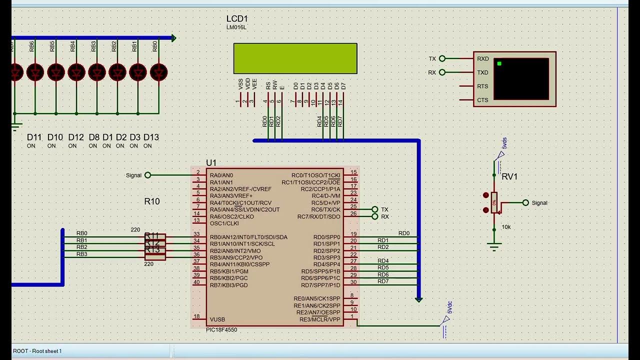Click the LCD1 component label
237,19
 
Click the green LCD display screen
295,58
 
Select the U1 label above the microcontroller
211,163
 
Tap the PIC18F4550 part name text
221,330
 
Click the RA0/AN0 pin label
221,175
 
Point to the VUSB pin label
217,319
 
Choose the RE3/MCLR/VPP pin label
319,319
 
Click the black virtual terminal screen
521,79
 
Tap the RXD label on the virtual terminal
482,59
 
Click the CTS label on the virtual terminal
482,100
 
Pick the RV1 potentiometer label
509,176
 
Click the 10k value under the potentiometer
506,227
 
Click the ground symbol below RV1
494,245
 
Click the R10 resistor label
152,201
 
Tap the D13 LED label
151,137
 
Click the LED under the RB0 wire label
158,72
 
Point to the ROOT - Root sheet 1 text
37,351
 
